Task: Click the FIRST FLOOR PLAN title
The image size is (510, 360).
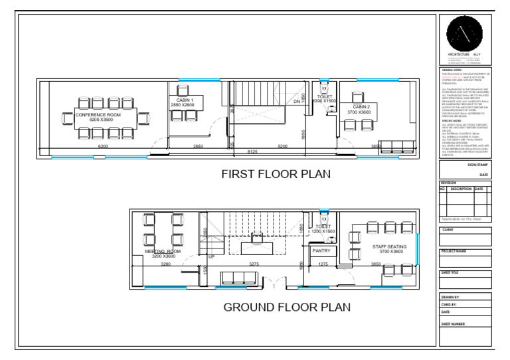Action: click(x=276, y=175)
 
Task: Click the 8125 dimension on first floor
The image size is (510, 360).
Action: click(x=252, y=152)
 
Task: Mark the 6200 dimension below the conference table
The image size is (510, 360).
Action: click(x=103, y=145)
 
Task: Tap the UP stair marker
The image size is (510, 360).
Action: click(x=212, y=256)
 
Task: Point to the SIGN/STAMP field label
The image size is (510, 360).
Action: click(x=477, y=163)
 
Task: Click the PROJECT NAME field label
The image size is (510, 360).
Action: click(x=456, y=251)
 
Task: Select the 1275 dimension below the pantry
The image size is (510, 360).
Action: click(x=323, y=264)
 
